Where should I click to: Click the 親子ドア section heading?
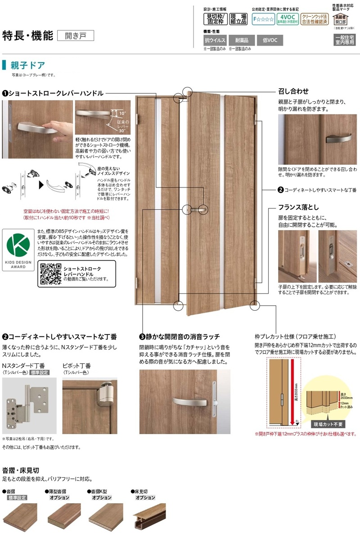click(27, 65)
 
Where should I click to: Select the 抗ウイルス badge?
click(214, 40)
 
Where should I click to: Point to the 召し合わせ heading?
click(294, 91)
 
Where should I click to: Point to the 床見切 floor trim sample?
click(148, 513)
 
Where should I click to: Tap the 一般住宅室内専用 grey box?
click(344, 40)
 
